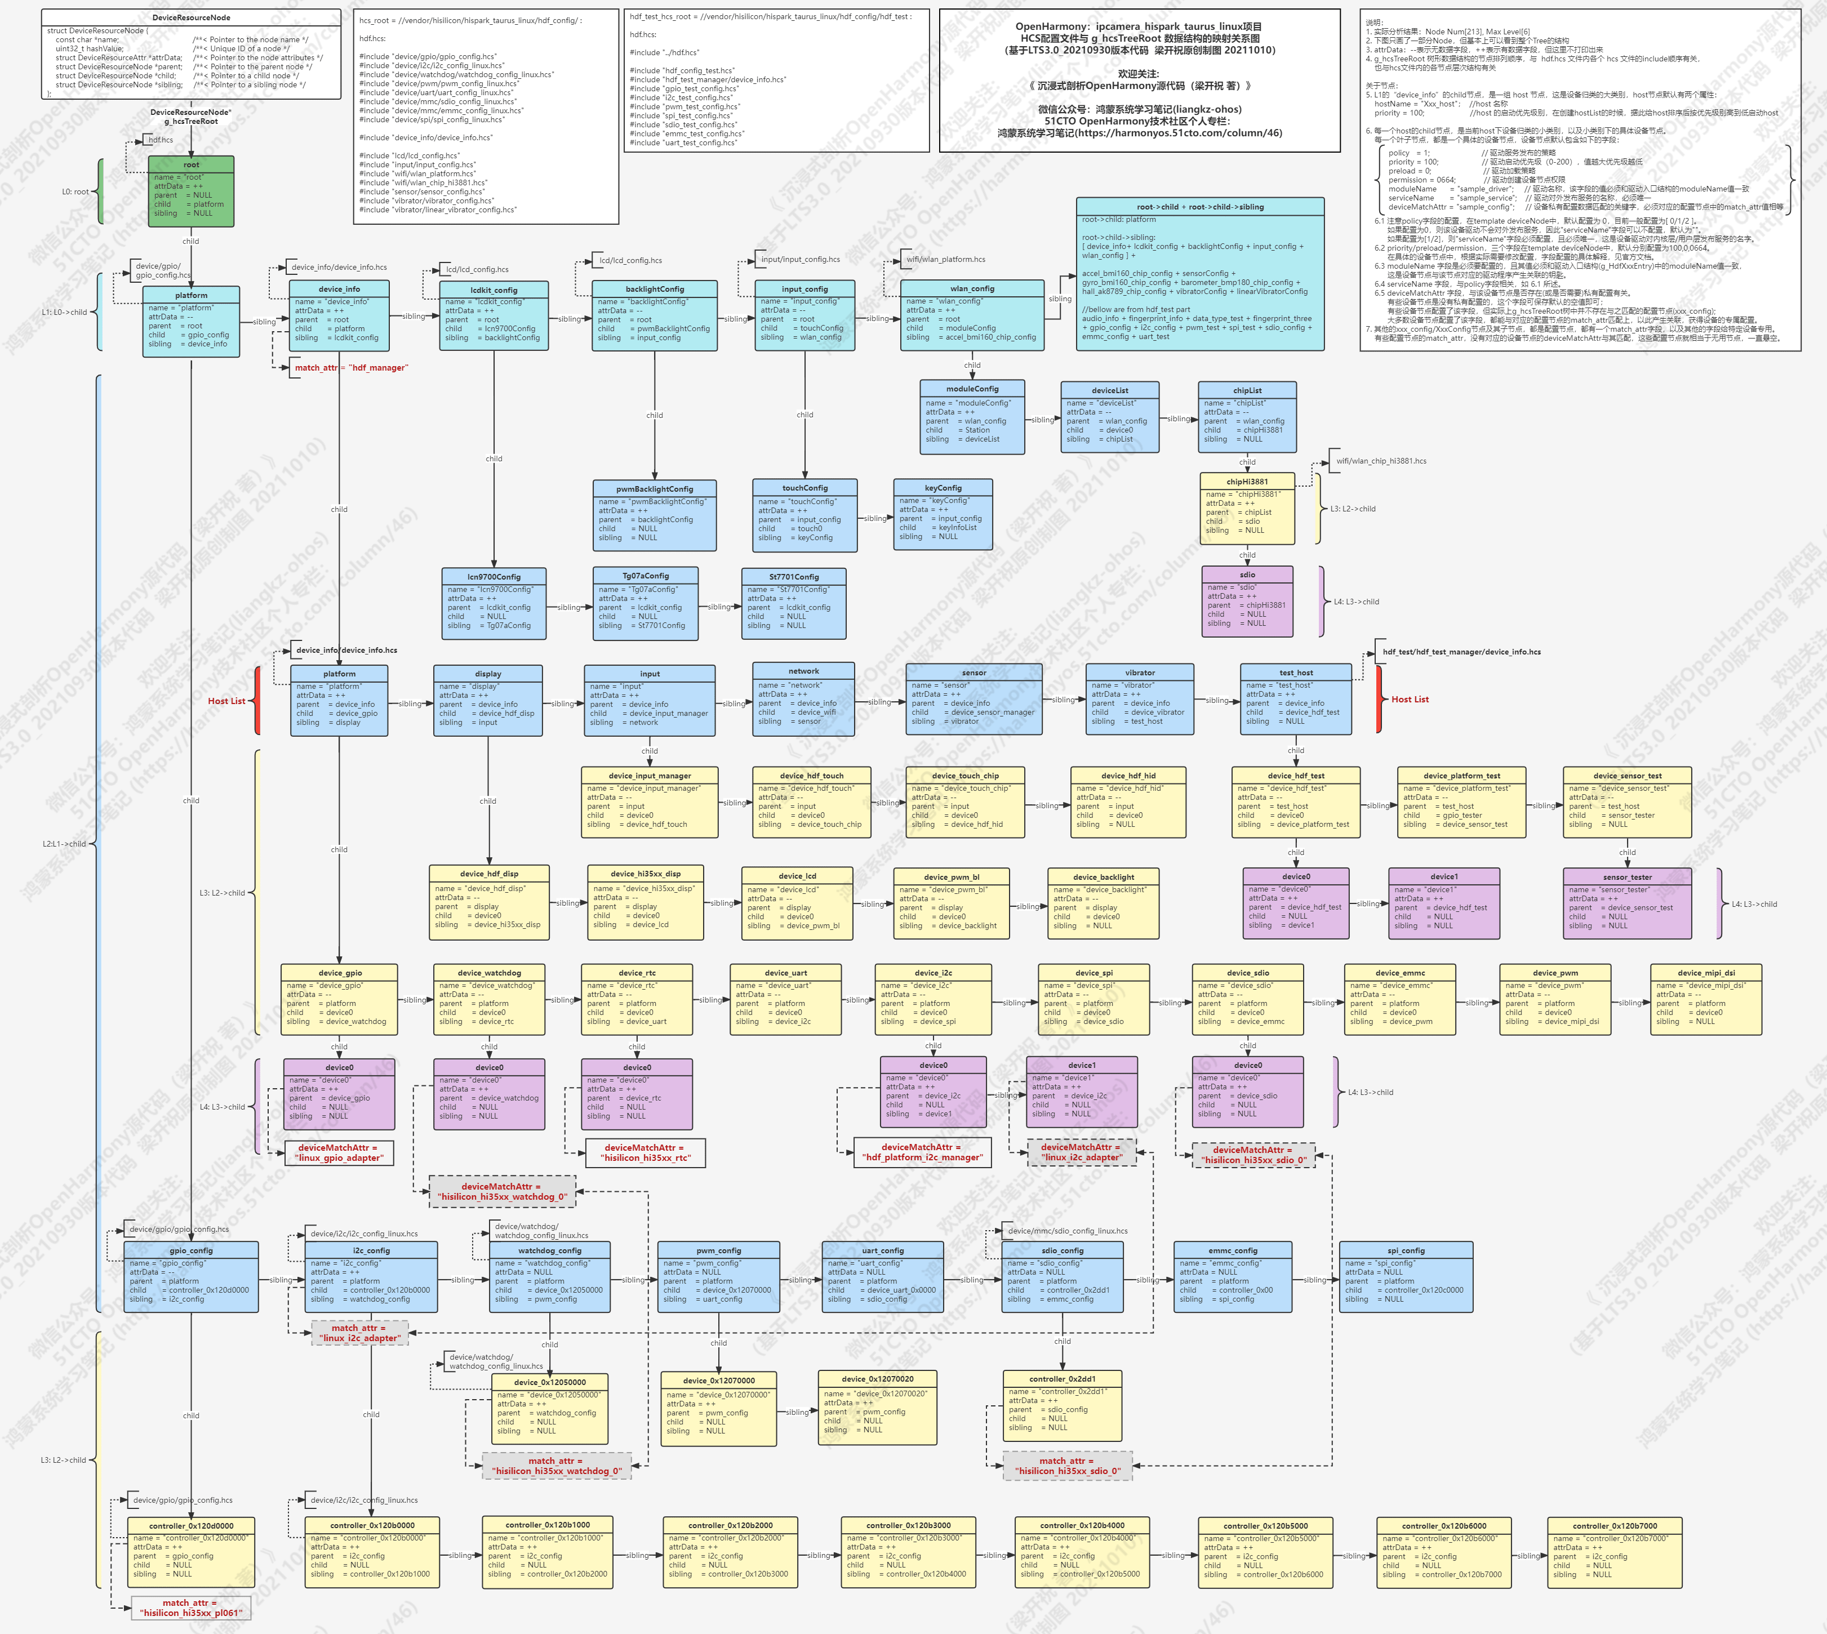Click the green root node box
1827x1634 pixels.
(x=190, y=192)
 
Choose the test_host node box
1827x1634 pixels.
(x=1296, y=700)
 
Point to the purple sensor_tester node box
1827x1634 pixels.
(x=1627, y=904)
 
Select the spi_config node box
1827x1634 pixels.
(x=1405, y=1277)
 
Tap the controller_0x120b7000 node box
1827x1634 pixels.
(x=1614, y=1552)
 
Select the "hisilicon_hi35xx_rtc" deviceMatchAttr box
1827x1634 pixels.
(x=644, y=1153)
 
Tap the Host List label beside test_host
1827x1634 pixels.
(x=1410, y=700)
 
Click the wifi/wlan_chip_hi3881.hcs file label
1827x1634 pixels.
(x=1381, y=461)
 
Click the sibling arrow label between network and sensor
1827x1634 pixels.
(x=880, y=702)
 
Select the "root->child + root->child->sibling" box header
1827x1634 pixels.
(x=1199, y=207)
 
